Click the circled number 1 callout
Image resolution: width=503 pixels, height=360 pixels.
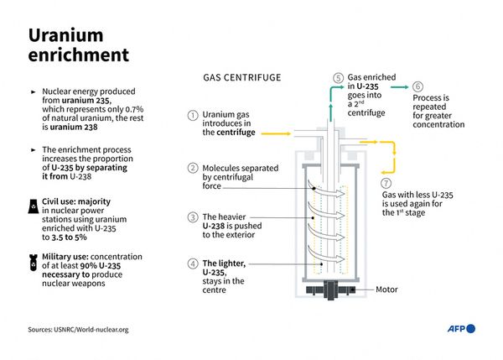tap(193, 116)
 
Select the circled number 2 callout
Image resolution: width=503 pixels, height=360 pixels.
tap(193, 168)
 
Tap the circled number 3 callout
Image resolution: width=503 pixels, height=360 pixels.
tap(193, 217)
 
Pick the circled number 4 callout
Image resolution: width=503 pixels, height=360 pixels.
tap(193, 263)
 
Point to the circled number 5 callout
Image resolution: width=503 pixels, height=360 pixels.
tap(338, 78)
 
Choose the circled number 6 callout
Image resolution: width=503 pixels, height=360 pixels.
tap(417, 86)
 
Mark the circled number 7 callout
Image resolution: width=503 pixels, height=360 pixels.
tap(386, 183)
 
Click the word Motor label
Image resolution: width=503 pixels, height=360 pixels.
tap(386, 290)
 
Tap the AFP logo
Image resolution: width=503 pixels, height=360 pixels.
tap(461, 328)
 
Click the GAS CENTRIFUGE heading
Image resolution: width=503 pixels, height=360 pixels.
tap(242, 77)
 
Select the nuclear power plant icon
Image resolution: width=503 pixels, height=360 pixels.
tap(33, 206)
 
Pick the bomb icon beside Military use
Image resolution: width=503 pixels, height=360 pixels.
tap(34, 263)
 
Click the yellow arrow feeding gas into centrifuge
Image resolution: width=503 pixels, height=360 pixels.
tap(276, 133)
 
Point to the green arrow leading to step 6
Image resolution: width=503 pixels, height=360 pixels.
tap(399, 86)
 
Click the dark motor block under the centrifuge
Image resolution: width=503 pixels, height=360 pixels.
tap(331, 290)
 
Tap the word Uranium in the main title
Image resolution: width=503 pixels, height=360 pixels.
tap(66, 35)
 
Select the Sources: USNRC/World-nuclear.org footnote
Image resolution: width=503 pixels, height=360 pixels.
tap(78, 330)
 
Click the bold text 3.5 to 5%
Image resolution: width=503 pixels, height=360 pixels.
tap(69, 237)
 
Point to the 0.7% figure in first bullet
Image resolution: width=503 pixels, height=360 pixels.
tap(134, 109)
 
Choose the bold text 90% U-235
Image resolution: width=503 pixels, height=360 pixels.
tap(101, 266)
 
